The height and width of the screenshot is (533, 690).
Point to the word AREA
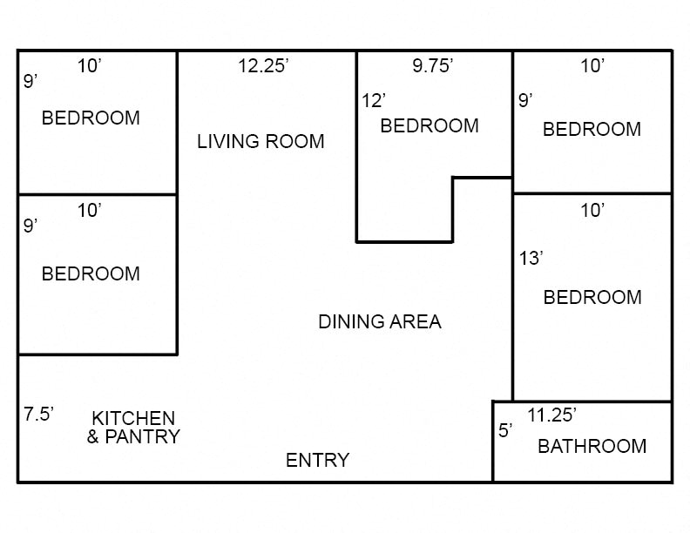414,321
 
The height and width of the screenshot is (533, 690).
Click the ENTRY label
317,460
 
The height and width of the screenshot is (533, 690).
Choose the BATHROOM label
592,447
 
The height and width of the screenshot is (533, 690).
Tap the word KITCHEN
133,419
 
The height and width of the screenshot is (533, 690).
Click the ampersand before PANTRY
93,436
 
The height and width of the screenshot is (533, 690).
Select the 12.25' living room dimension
263,66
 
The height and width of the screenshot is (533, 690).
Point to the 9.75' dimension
432,66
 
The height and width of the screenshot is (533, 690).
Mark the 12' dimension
374,101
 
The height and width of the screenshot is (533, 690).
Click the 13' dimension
531,259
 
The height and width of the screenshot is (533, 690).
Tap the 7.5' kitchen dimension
39,414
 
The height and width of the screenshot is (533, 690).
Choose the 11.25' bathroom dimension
553,415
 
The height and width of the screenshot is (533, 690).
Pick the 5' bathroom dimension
505,430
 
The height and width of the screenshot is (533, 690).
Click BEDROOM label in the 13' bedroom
592,297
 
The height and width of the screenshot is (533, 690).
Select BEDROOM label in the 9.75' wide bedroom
430,125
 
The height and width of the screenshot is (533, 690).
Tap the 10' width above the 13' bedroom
592,210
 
